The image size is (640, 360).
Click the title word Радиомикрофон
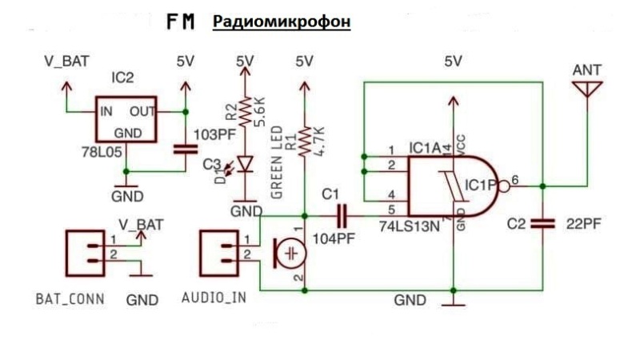point(281,22)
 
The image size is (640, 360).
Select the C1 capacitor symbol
point(342,215)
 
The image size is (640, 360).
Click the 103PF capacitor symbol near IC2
point(185,148)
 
